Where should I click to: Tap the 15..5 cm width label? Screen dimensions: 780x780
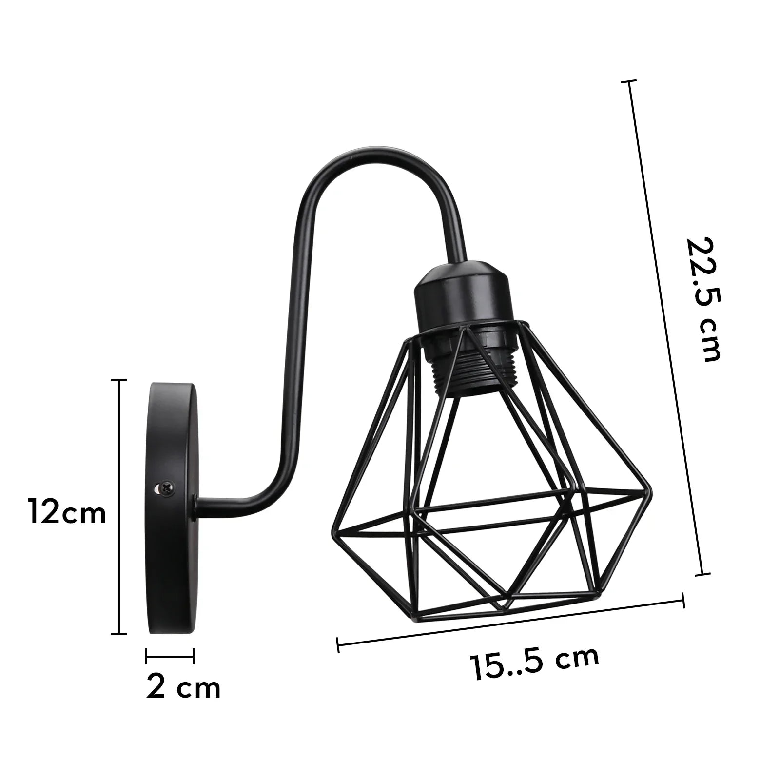534,664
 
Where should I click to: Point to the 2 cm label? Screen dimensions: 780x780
183,687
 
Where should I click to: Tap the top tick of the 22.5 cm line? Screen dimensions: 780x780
628,81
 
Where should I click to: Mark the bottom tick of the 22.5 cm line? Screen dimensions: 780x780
702,574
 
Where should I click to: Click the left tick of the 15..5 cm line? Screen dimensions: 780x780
338,645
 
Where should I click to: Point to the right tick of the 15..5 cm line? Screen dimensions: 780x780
683,600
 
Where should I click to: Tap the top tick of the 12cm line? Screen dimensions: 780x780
119,379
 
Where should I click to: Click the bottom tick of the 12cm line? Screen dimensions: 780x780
119,634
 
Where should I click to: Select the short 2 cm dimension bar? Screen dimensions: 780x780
170,656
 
